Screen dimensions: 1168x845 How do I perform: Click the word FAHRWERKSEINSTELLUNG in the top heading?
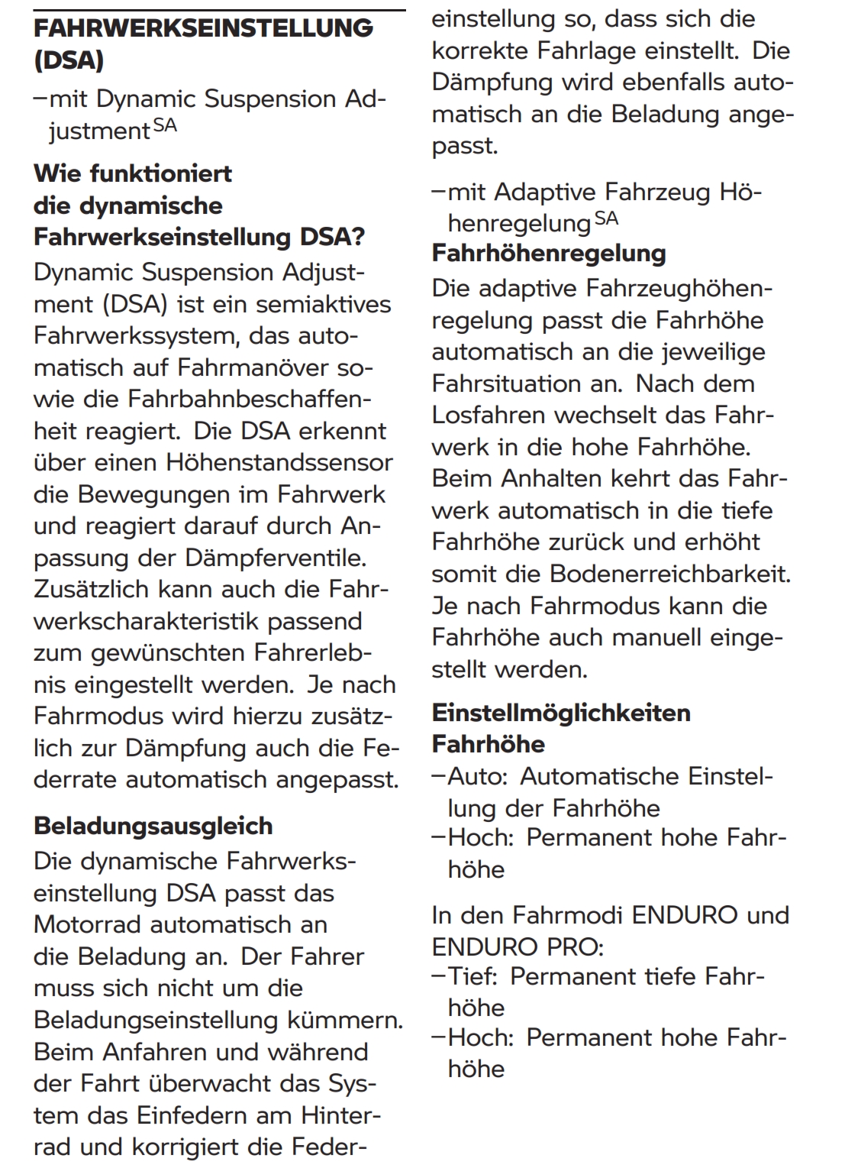pos(203,28)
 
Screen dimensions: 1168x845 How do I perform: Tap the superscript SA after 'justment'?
pos(165,125)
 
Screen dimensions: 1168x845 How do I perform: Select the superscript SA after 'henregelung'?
pos(606,218)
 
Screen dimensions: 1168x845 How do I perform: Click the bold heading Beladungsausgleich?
pos(153,826)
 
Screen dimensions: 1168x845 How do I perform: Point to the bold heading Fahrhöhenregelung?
pos(549,253)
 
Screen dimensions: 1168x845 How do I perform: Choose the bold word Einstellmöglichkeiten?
pos(561,713)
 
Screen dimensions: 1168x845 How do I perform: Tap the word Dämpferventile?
pos(276,558)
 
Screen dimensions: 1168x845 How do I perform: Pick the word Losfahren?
pos(489,415)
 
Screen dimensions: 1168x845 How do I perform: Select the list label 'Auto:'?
pos(478,776)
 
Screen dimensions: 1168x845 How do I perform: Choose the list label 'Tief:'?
pos(472,976)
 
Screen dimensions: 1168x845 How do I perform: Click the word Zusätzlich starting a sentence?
pos(92,590)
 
